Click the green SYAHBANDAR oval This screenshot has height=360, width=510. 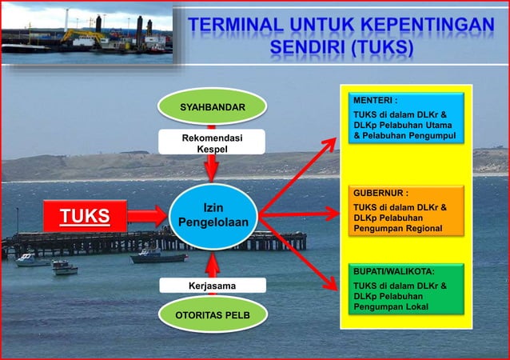click(x=212, y=106)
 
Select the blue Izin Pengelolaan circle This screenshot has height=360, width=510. click(x=213, y=214)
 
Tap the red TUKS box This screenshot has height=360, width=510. click(x=86, y=214)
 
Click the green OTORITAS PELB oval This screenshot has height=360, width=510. click(x=212, y=315)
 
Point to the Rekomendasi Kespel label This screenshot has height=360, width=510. click(x=212, y=143)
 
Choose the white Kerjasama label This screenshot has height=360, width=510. click(x=212, y=285)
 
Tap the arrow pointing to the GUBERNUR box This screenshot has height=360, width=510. click(x=300, y=214)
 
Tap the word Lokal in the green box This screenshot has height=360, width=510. click(x=413, y=306)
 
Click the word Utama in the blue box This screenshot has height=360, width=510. click(x=435, y=126)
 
